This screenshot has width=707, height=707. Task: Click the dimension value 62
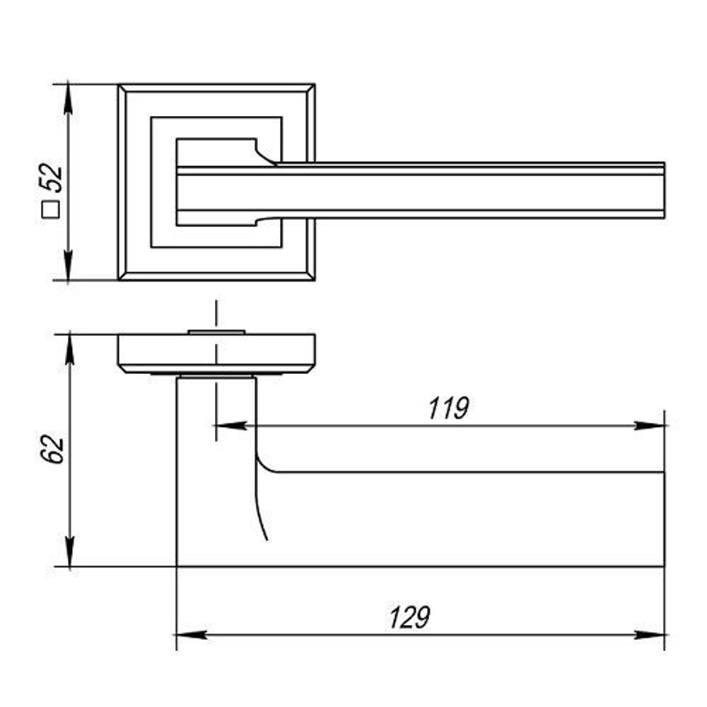point(53,450)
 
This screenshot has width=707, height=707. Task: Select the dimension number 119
point(448,409)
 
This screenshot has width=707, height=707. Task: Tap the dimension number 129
point(409,618)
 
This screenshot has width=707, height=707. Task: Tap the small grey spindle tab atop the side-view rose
point(216,331)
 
